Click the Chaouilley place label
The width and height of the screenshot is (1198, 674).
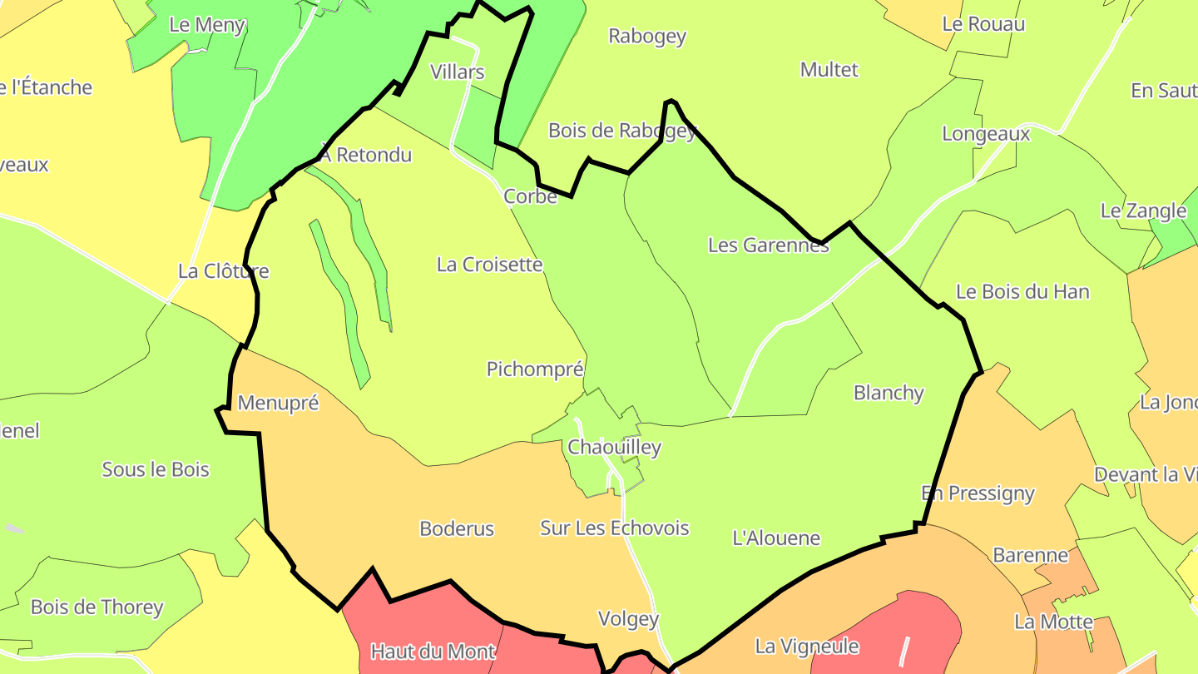[614, 448]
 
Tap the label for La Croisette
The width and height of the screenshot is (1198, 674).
[489, 265]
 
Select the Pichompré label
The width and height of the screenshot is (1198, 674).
[535, 369]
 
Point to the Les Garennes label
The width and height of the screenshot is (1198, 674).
[768, 245]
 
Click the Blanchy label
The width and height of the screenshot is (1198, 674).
[889, 393]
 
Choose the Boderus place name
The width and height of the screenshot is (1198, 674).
[457, 528]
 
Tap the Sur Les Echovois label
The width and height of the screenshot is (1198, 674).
[615, 528]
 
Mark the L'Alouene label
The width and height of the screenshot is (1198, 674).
[776, 538]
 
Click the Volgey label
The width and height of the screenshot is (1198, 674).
[628, 619]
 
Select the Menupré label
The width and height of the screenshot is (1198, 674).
[278, 404]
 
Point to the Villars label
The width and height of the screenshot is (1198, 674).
[457, 72]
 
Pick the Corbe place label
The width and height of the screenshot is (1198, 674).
[530, 197]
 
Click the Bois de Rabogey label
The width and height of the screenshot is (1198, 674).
[621, 131]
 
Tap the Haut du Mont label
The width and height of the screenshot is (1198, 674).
[433, 652]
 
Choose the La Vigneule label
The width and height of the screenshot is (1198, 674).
[806, 646]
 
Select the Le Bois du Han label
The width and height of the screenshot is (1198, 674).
[1022, 292]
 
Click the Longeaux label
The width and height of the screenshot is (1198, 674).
[986, 134]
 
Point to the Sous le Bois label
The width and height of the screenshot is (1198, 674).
[156, 469]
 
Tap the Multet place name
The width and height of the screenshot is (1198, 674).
[829, 70]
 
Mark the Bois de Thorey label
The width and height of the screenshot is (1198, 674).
[97, 607]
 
